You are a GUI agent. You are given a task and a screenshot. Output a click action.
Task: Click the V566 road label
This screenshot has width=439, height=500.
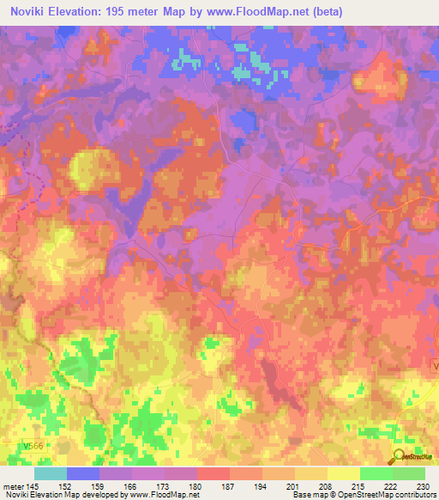[33, 447]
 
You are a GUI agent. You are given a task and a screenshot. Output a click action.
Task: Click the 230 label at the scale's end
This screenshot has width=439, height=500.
[424, 485]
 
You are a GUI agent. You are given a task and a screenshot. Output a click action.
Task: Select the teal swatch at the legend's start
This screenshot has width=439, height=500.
[51, 473]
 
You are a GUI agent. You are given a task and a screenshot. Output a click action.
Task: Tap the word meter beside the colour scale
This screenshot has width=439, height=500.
[15, 485]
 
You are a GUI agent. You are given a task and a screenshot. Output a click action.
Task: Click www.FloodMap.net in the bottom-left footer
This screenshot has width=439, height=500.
[165, 496]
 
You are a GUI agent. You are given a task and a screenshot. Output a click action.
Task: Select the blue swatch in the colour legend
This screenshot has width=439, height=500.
[83, 473]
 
